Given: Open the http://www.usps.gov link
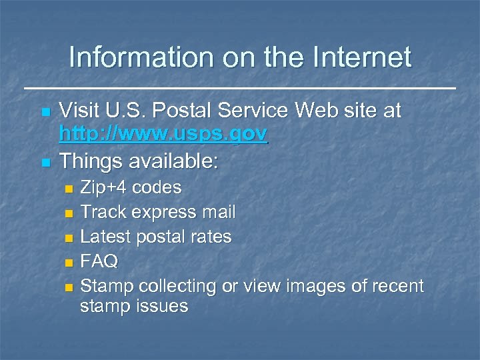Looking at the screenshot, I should [163, 135].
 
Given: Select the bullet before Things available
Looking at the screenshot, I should [45, 163].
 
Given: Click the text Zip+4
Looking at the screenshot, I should [104, 187].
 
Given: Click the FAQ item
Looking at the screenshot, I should [99, 261].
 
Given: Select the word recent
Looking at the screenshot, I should [398, 286].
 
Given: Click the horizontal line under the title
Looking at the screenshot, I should [240, 88].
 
